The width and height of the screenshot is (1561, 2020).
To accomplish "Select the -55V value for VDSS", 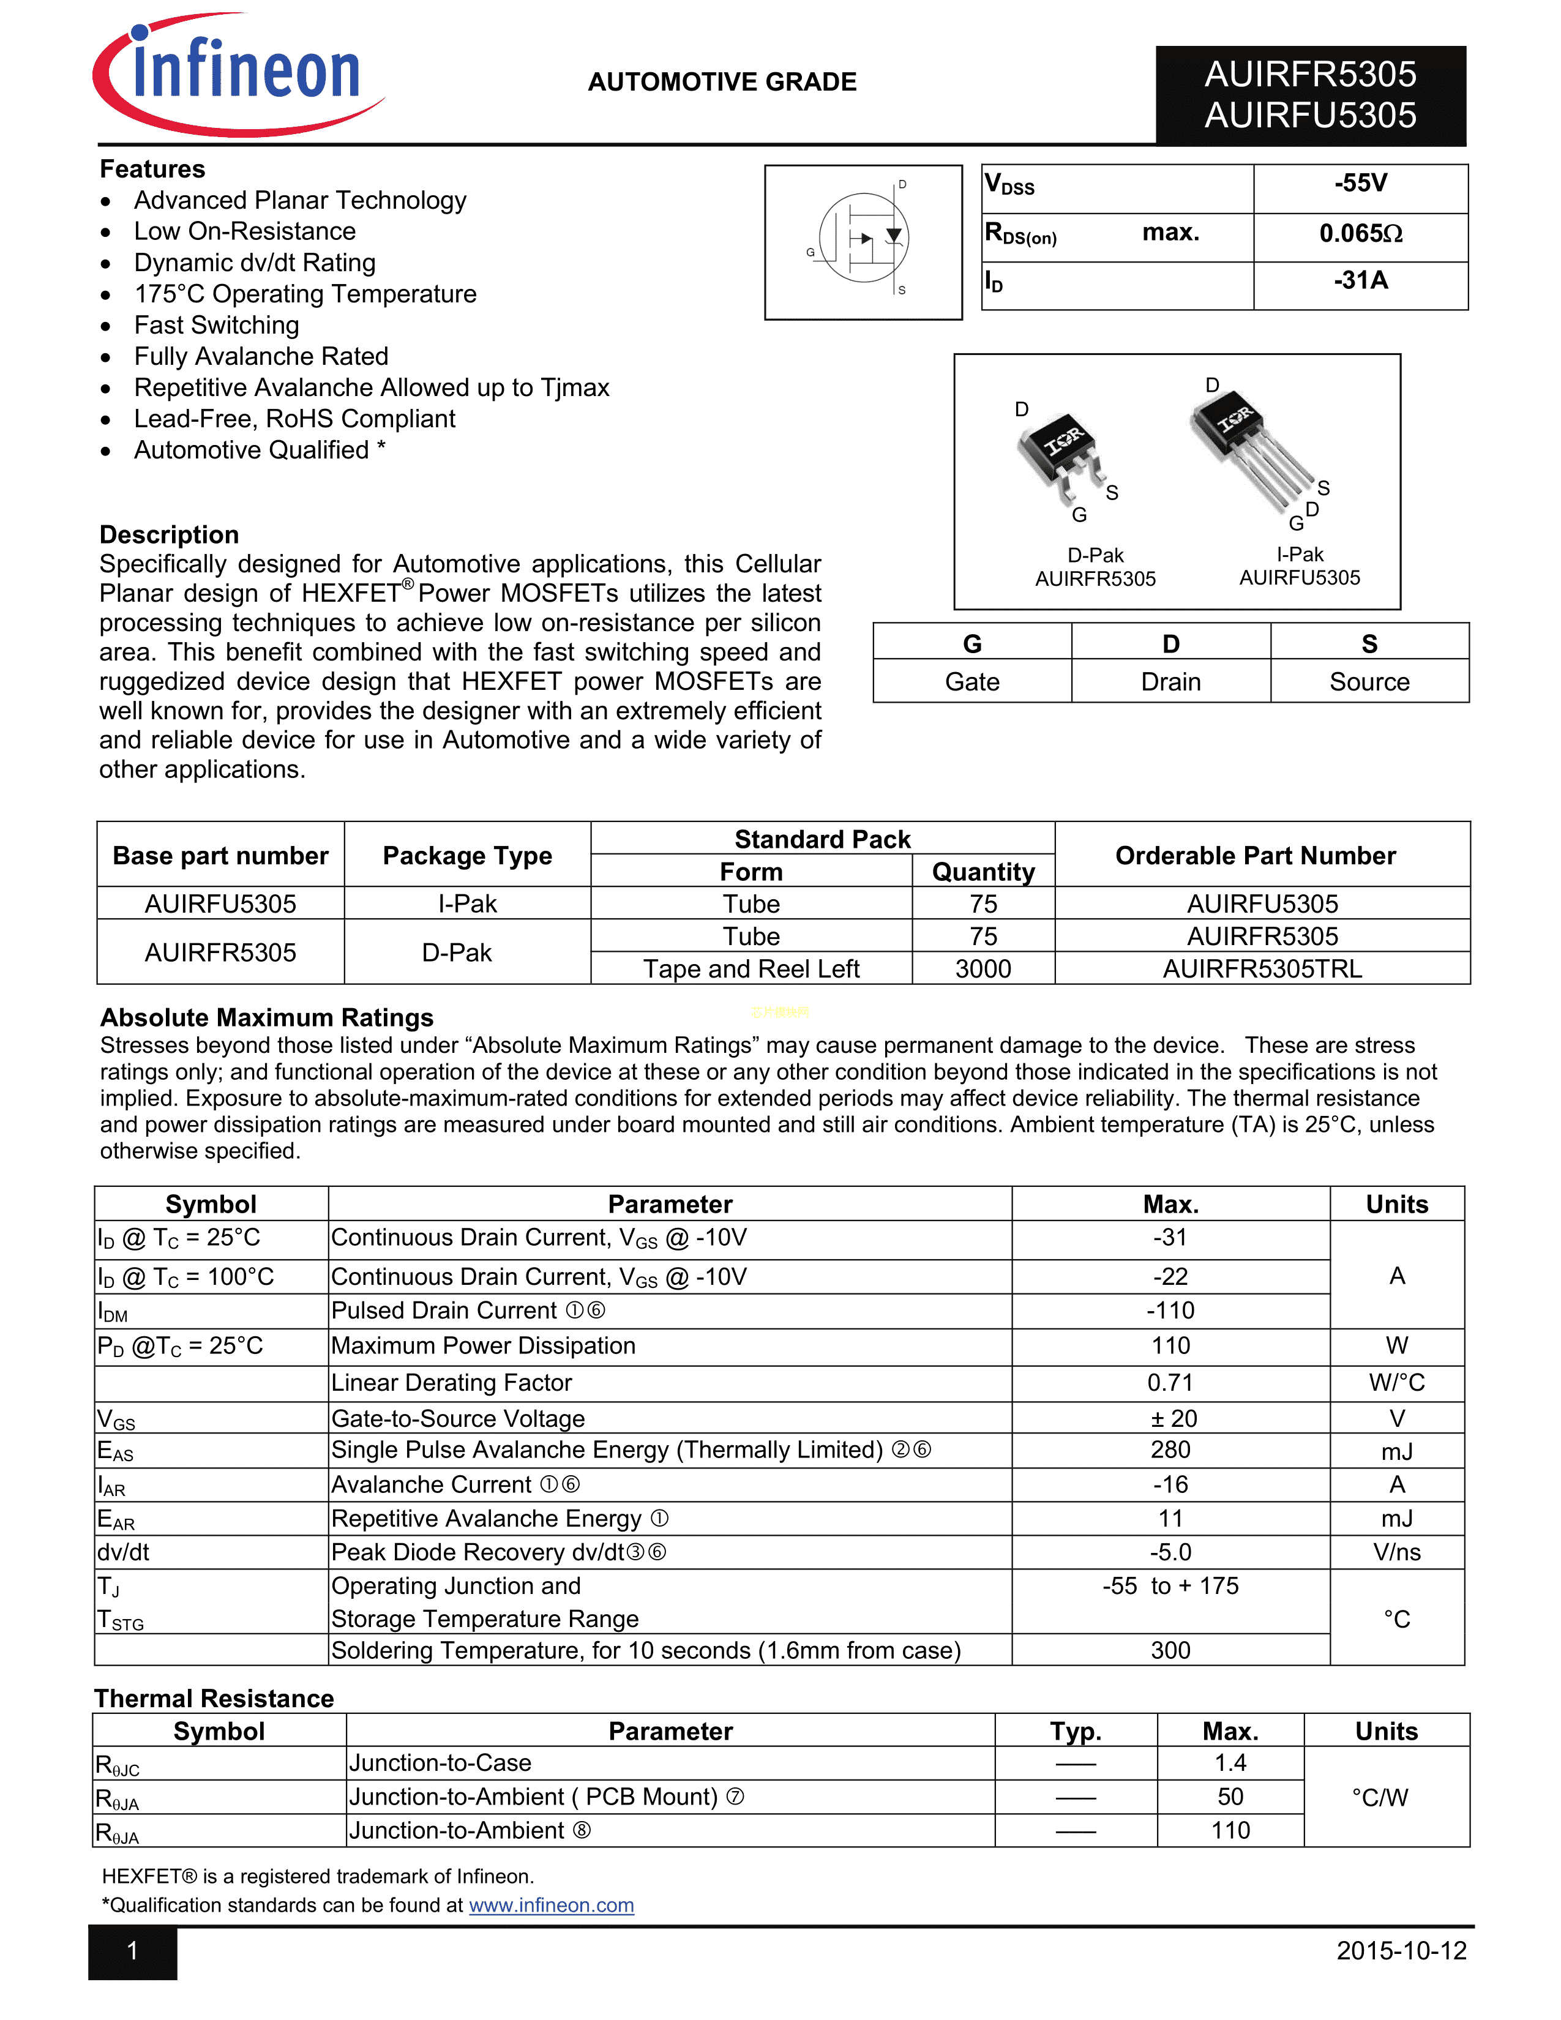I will [x=1360, y=183].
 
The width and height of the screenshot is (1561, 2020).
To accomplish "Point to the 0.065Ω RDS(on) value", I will [x=1360, y=233].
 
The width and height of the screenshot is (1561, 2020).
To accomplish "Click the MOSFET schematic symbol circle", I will [x=864, y=238].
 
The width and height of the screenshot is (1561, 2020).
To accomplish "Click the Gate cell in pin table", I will [x=972, y=682].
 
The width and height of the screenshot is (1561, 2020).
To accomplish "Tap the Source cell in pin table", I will [x=1369, y=682].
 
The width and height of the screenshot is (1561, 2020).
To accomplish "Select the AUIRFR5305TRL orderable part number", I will [x=1262, y=968].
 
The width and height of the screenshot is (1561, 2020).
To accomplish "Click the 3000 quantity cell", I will [x=983, y=968].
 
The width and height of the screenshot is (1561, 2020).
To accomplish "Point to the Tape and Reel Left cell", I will [x=751, y=968].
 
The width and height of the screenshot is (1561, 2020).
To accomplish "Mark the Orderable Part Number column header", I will [x=1255, y=856].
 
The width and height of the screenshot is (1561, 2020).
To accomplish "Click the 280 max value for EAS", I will [x=1170, y=1450].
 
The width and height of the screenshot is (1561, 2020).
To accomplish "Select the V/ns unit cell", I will [x=1396, y=1552].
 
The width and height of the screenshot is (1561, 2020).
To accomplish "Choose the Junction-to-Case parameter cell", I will [x=440, y=1763].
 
